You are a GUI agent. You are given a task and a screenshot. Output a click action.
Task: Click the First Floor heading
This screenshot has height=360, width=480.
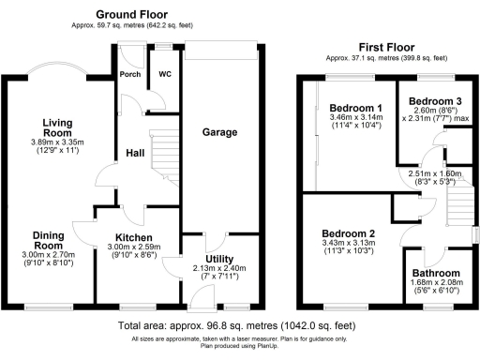(386, 47)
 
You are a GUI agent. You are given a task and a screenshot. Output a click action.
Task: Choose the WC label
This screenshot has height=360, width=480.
(164, 73)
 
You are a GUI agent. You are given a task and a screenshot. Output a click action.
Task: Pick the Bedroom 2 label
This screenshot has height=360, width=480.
(348, 233)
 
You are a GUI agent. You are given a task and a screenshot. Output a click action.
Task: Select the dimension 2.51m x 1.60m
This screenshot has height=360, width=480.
(428, 173)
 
